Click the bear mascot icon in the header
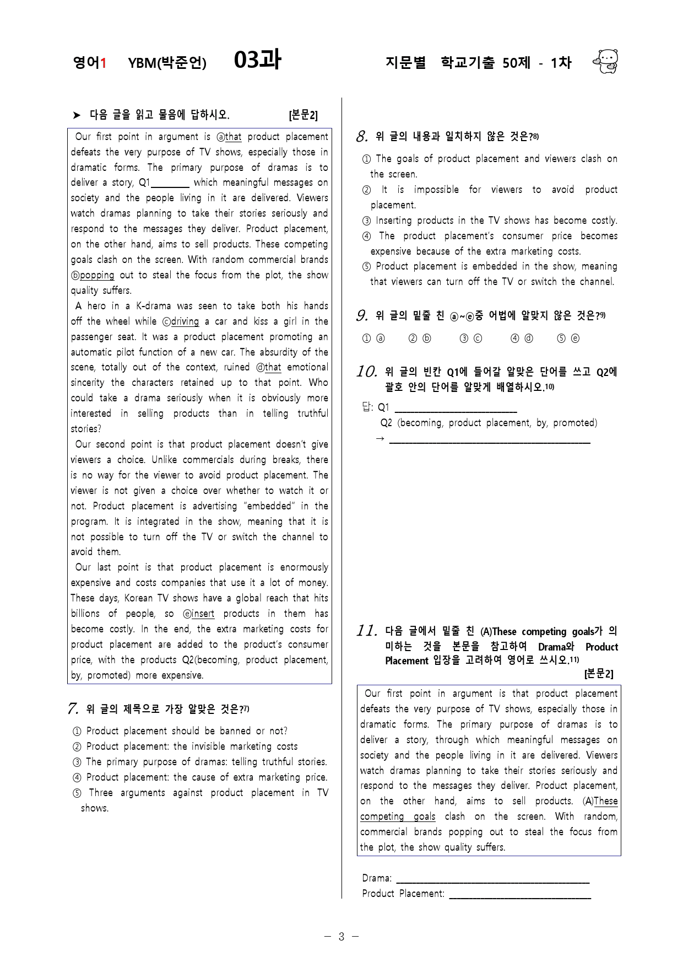tap(606, 61)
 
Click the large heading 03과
tap(257, 60)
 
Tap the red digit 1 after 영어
tap(103, 63)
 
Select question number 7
tap(73, 709)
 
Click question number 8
tap(362, 136)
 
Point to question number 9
tap(362, 316)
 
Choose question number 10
tap(366, 372)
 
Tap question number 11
tap(366, 631)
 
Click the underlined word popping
tap(97, 275)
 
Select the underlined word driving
tap(185, 321)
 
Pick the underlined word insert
tap(203, 614)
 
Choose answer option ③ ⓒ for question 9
tap(471, 339)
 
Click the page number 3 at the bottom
tap(341, 936)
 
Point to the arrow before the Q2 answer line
tap(380, 439)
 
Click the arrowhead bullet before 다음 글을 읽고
tap(77, 115)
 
